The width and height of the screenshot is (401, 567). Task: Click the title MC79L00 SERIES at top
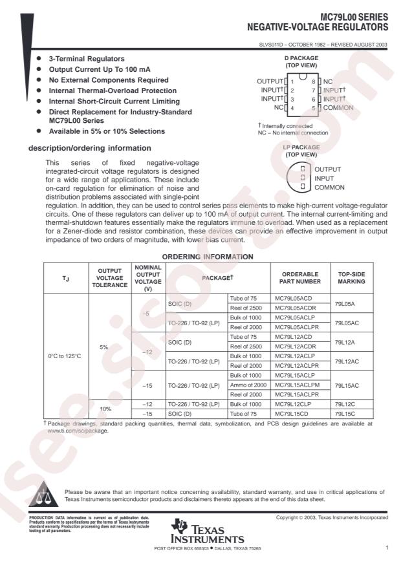(x=354, y=18)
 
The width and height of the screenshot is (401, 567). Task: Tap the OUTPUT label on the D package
(x=270, y=81)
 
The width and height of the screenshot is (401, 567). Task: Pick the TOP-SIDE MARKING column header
(x=351, y=277)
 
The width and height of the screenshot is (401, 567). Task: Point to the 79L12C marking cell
(x=344, y=404)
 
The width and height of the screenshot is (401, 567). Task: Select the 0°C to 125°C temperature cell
(x=64, y=356)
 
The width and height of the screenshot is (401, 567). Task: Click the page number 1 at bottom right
(x=386, y=548)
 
